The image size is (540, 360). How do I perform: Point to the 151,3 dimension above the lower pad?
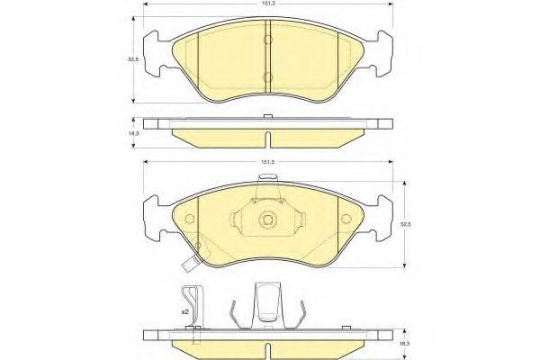[268, 163]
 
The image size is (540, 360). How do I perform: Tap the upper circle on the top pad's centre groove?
[268, 41]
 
